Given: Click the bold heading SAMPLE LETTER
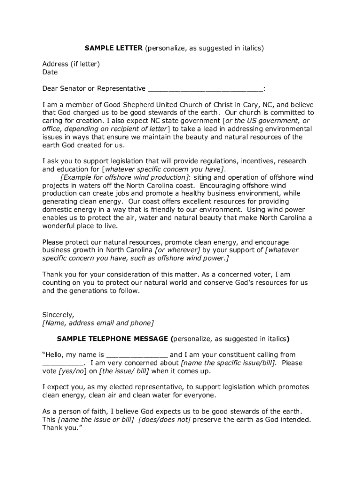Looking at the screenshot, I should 113,48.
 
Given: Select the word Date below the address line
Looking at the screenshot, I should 50,72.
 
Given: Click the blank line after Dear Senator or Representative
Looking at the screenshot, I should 205,89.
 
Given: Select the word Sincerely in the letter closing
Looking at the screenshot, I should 58,314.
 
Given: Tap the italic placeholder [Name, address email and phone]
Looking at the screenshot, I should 98,323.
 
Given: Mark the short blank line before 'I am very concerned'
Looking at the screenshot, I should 63,363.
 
